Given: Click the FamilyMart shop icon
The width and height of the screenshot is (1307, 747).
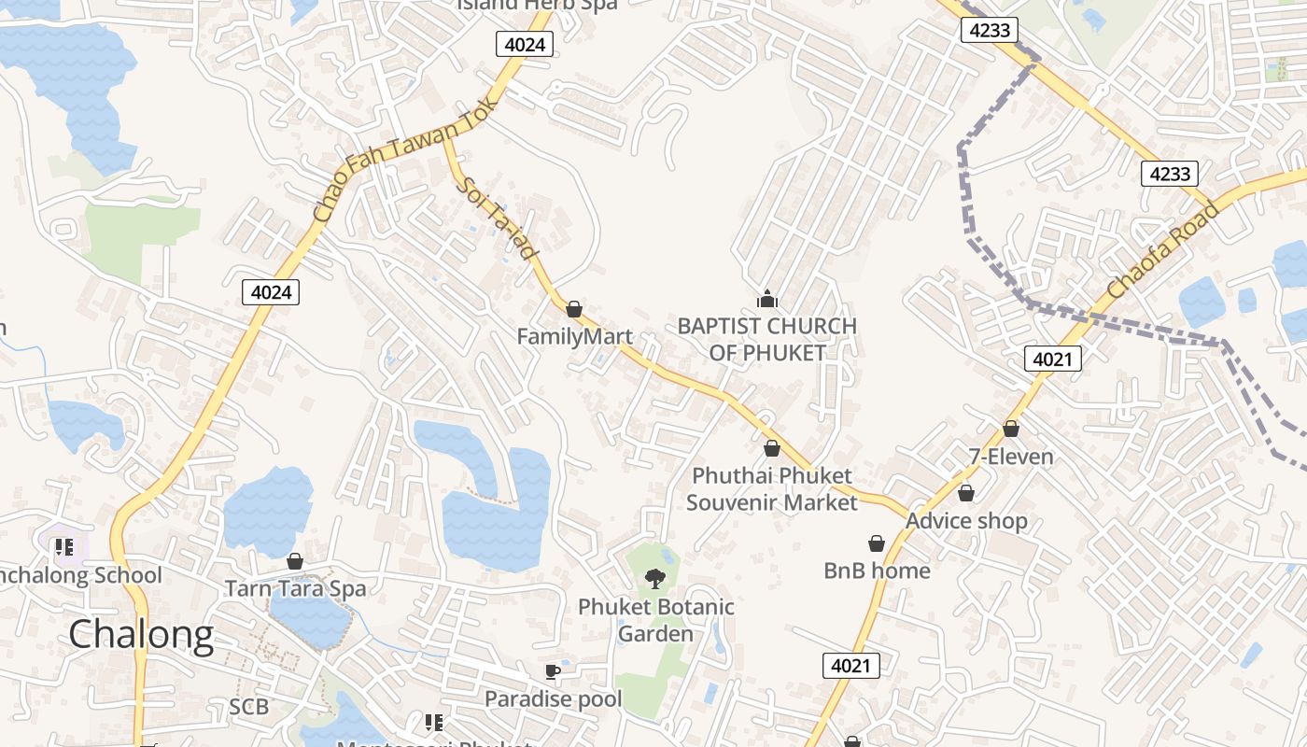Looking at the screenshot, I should pos(574,309).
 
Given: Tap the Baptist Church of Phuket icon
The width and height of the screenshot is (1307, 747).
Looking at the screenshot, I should pos(766,300).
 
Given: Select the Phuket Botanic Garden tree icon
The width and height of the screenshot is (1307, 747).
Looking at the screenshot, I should pos(655,579).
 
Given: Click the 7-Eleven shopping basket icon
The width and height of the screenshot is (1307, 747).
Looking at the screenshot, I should pos(1010,429).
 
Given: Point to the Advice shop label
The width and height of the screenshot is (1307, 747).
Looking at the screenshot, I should pos(966,521).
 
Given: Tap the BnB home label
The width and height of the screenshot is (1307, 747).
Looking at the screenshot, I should pos(877,571).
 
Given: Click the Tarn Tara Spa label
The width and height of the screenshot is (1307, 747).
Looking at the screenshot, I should pos(295,588).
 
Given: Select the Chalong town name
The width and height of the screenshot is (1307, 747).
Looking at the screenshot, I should pos(141,635).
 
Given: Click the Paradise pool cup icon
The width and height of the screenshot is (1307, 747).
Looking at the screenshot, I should pos(553,671).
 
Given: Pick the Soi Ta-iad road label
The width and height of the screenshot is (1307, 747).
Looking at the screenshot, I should pos(498,218).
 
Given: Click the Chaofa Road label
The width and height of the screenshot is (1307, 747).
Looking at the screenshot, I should pos(1162,252).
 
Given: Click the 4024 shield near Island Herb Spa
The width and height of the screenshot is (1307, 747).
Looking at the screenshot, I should pos(525,44).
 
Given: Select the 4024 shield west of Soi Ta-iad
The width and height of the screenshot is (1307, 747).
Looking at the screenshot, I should pos(272,292).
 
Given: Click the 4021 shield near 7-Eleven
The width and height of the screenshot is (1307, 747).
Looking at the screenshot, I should pos(1053,358).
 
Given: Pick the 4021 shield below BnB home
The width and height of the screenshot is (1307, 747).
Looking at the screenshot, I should pos(851,666).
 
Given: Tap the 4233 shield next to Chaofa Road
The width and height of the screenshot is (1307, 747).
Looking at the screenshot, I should pos(1170,174).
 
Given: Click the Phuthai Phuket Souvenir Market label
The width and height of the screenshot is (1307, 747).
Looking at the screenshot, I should pos(771,489).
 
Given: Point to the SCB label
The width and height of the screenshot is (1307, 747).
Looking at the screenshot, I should pos(249,707).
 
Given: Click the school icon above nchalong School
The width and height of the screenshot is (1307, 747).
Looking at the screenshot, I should pos(64,547).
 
